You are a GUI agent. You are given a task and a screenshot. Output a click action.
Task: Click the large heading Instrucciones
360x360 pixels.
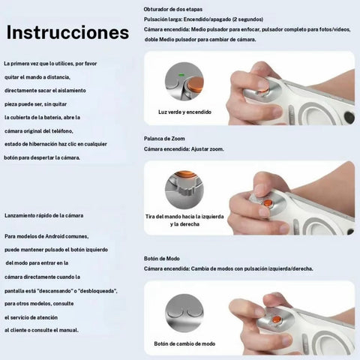67,32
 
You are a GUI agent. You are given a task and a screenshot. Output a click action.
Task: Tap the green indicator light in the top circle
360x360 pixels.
181,75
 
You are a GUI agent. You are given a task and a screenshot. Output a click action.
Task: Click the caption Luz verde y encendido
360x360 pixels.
184,112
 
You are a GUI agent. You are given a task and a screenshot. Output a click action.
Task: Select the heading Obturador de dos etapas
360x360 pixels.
173,9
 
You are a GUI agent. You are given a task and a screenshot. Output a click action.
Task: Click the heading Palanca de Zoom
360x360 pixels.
164,139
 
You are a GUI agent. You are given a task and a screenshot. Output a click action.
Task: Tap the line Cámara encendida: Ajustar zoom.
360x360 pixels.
184,149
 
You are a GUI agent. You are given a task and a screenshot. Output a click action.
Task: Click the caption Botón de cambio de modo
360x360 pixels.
184,343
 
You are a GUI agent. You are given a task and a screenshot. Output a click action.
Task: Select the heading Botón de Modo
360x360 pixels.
162,259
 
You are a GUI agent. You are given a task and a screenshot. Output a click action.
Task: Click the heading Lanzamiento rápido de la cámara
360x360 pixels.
44,215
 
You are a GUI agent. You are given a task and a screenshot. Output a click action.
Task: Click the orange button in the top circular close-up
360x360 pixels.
195,84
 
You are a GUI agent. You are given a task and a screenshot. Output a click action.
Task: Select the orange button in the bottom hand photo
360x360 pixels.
277,319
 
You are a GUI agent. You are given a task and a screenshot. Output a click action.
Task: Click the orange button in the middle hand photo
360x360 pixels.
268,202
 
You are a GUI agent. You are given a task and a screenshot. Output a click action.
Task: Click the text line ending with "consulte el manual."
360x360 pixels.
41,330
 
